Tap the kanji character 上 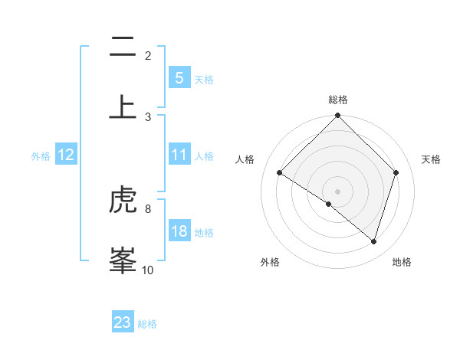[123, 106]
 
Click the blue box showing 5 [179, 78]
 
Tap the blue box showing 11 [179, 155]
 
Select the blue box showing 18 [179, 231]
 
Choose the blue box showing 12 [66, 155]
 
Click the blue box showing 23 [123, 322]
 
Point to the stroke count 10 [148, 270]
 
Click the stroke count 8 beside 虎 [148, 208]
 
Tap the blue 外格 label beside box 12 [41, 155]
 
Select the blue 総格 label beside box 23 [147, 323]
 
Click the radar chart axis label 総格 [337, 100]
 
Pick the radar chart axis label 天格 [432, 159]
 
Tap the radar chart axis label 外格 [270, 263]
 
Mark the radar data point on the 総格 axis [337, 116]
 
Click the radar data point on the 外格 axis [328, 205]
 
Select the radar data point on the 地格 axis [374, 241]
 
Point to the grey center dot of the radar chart [337, 191]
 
